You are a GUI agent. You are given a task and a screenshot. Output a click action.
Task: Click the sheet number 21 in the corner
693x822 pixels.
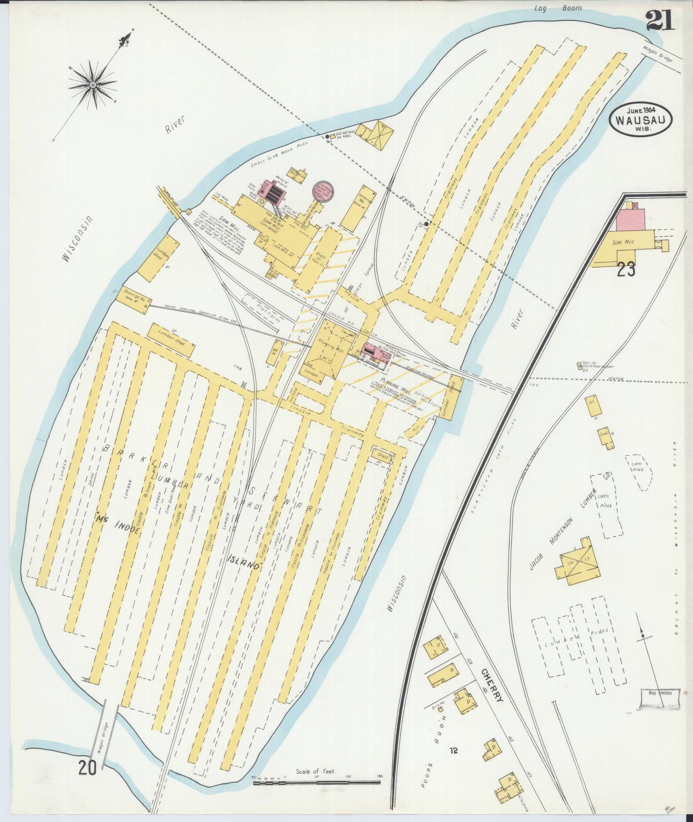click(x=659, y=20)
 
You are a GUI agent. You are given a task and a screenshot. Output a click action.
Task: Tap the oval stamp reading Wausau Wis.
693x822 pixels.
click(x=641, y=119)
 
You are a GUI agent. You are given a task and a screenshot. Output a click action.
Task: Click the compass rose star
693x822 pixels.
click(x=93, y=85)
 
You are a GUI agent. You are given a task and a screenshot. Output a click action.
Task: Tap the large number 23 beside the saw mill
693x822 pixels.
click(x=626, y=270)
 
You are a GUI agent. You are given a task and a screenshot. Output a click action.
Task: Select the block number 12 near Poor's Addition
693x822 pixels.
click(x=454, y=750)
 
